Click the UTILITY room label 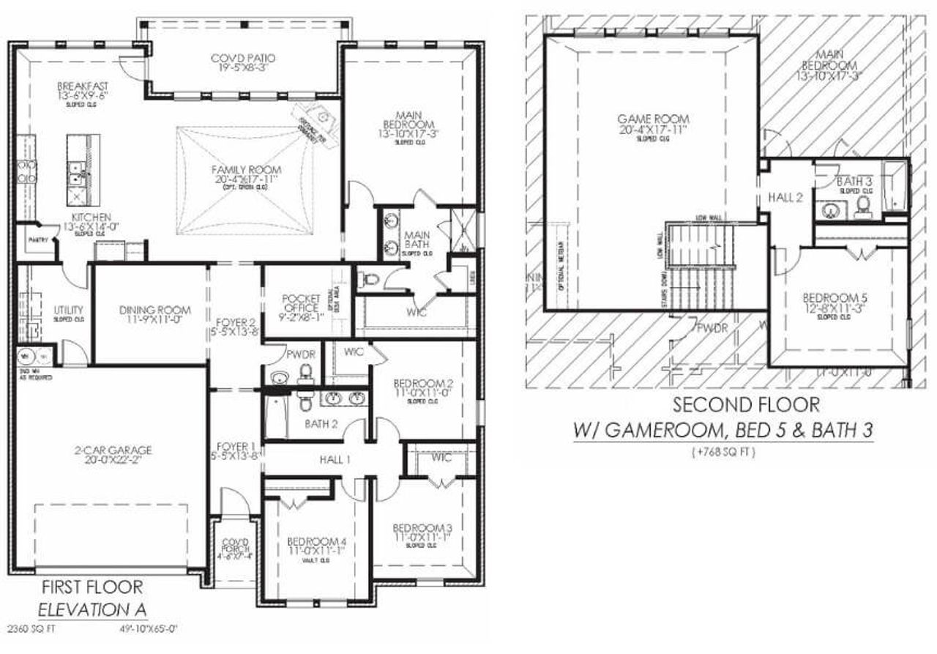tap(68, 311)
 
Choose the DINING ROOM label tap(154, 311)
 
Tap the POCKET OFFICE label tap(301, 303)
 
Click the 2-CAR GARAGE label tap(112, 450)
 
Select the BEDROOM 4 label tap(316, 541)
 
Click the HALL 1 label tap(335, 459)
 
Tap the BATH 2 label tap(321, 423)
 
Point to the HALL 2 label tap(785, 196)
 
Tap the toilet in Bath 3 tap(864, 204)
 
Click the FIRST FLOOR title tap(92, 587)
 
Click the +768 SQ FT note tap(722, 453)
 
